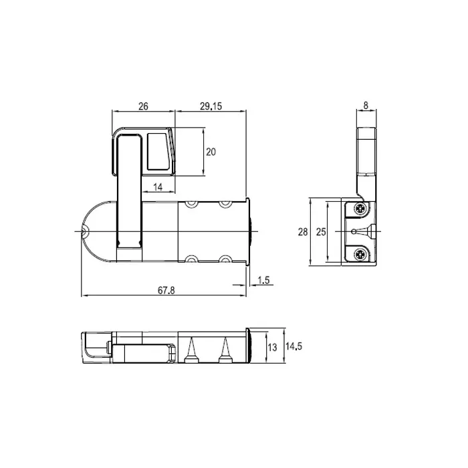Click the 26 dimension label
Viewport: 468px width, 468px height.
(x=144, y=106)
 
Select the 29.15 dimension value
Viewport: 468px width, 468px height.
(x=211, y=106)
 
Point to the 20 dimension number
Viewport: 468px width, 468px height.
(x=211, y=152)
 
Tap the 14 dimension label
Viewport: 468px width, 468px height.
(x=158, y=187)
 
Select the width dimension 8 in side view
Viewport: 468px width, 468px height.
(x=366, y=106)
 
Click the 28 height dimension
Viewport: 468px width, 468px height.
(x=303, y=232)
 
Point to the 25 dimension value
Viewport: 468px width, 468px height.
(x=321, y=232)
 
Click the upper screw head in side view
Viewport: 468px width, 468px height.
(x=360, y=210)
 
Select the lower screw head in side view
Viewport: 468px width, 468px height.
(x=360, y=253)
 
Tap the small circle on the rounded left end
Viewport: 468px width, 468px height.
(x=84, y=231)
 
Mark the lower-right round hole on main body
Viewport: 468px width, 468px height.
(x=225, y=259)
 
